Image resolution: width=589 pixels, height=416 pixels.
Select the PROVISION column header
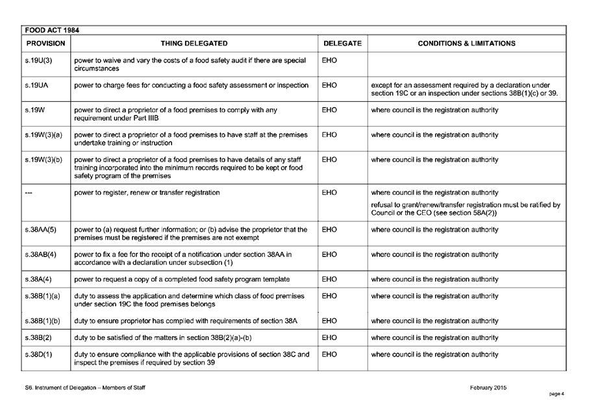point(45,43)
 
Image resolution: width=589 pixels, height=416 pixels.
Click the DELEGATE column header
point(342,43)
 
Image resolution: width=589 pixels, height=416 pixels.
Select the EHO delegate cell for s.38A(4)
point(329,279)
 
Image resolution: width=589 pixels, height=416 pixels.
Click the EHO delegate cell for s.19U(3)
point(329,60)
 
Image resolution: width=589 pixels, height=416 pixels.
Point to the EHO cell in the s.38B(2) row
point(329,337)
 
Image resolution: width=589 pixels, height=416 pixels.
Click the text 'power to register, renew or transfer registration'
point(147,192)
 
